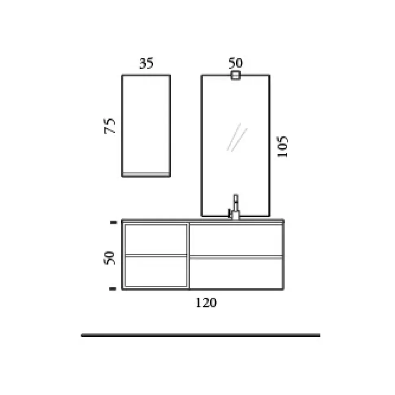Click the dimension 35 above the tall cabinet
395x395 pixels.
pos(146,64)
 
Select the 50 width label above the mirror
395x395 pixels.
pos(235,63)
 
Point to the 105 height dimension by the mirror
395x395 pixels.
pos(283,147)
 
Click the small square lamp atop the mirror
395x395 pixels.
pos(235,75)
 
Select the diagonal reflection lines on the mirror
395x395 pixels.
pos(237,137)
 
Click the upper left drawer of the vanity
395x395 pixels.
pos(156,239)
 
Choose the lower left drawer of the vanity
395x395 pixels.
pos(156,272)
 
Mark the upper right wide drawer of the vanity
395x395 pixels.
pos(236,239)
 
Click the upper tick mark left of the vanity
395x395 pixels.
pos(114,222)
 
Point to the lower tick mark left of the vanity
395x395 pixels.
pos(114,289)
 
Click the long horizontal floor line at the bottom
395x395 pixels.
pos(200,335)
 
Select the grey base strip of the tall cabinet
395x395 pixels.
pos(146,174)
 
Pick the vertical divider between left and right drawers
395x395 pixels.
pos(189,256)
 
